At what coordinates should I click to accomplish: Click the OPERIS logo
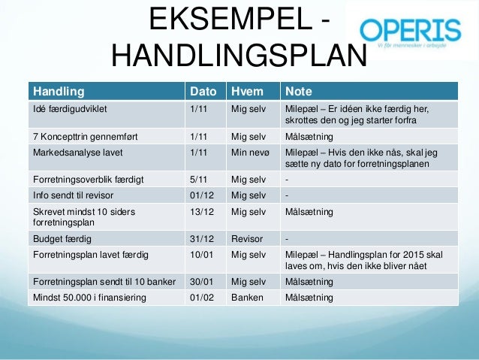410,34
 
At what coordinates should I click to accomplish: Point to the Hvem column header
247,92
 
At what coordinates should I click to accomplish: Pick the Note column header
298,92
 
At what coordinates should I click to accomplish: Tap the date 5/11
199,180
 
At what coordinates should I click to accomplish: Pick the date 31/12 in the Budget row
201,240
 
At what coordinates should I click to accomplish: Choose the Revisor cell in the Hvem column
248,240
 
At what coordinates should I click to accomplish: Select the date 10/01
201,255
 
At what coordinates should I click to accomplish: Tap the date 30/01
201,282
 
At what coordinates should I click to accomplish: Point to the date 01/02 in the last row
201,297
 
